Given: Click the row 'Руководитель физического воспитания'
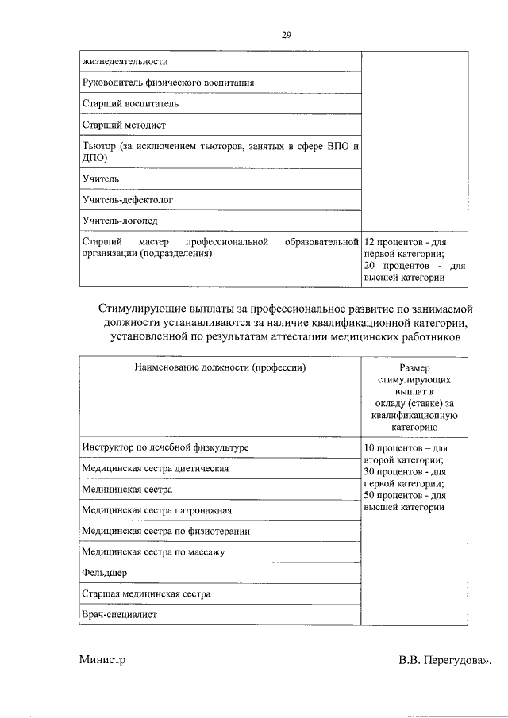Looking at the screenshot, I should pos(168,83).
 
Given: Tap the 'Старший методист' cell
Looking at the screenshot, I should pos(124,125).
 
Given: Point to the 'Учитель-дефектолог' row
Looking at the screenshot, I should pos(127,200).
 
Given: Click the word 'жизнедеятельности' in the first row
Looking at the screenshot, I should pos(125,61).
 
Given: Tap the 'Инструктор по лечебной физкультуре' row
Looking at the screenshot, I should pos(166,448).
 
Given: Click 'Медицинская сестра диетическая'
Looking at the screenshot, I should pos(156,469).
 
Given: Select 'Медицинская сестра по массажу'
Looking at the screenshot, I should pos(153,551).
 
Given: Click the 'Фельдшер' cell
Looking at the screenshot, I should pos(105,572).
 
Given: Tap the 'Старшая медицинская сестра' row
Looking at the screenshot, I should pos(146,593).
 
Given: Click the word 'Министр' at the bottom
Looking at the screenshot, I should pos(102,660).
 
